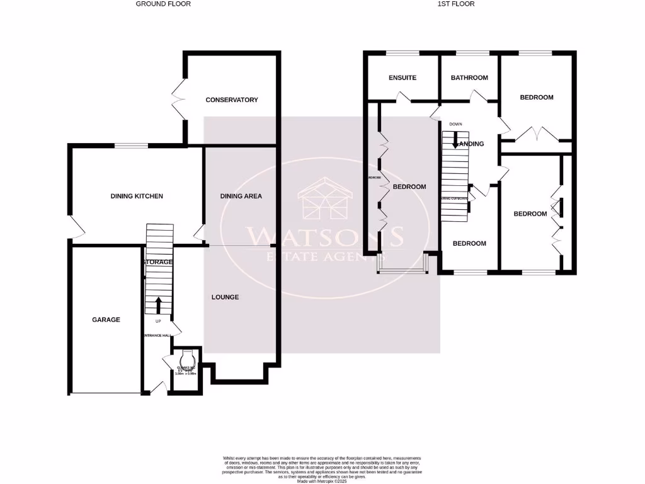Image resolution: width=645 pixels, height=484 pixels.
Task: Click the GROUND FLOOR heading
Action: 163,4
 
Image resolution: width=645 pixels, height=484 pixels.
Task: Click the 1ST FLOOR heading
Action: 455,4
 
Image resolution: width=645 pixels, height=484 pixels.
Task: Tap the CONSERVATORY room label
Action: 232,100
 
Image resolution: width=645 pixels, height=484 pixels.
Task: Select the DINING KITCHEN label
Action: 137,196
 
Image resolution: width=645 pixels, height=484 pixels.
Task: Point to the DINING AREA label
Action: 241,196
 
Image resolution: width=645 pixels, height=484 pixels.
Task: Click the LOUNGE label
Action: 225,297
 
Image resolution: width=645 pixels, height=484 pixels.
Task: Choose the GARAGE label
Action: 106,320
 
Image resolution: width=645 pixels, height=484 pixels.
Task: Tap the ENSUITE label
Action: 402,78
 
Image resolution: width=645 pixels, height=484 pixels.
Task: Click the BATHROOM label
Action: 469,78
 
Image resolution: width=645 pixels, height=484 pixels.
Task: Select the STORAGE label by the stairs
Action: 157,262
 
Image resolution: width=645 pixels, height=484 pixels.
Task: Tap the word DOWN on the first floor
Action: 455,124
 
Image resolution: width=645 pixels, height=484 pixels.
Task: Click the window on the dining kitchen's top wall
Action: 131,146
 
